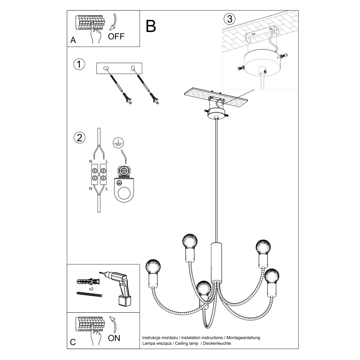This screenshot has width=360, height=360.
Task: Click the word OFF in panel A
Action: coord(116,37)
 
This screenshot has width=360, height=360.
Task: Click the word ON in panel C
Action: coord(114,338)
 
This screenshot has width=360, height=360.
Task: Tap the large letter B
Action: coord(151,26)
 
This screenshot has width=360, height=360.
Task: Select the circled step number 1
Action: coord(79,64)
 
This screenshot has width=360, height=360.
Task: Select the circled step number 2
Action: coord(79,138)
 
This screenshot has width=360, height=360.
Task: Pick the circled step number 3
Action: coord(229,19)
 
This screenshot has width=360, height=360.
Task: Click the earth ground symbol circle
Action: coord(117,143)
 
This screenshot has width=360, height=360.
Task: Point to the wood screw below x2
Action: coord(89,295)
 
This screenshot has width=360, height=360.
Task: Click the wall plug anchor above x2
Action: coord(87,282)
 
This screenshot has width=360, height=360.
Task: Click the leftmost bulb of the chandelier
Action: coord(153,266)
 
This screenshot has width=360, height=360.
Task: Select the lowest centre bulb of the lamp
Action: coord(204,289)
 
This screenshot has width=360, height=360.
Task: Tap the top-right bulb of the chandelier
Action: coord(263,247)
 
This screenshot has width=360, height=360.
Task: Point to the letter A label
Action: coord(73,40)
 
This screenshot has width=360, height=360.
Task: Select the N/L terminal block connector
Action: coord(99,175)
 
